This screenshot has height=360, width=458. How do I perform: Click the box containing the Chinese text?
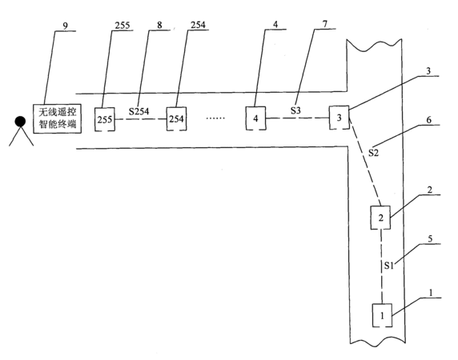[58, 118]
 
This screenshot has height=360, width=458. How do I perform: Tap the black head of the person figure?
[20, 122]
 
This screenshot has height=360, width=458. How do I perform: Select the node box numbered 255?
[105, 119]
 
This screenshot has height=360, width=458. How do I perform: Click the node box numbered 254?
[176, 118]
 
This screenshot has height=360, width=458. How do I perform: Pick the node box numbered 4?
[255, 118]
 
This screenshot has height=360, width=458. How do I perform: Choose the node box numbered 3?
[339, 118]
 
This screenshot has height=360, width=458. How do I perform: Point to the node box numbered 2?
[380, 218]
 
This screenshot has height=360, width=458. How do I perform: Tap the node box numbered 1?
[382, 315]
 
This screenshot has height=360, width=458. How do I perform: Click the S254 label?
[139, 111]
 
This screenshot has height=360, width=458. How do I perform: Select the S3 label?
[295, 110]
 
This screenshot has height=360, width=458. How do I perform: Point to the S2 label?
[373, 153]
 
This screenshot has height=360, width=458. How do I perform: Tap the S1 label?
[389, 265]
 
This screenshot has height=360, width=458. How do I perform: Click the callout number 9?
[65, 26]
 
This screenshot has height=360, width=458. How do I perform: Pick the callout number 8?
[159, 25]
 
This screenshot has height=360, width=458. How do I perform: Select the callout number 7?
[325, 24]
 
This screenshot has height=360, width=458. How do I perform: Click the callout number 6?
[429, 120]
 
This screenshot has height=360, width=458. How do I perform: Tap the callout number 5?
[430, 238]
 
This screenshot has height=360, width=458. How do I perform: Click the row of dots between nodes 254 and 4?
[215, 118]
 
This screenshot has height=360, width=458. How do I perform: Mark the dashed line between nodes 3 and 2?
[365, 161]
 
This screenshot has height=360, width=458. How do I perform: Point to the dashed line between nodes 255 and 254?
[140, 119]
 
